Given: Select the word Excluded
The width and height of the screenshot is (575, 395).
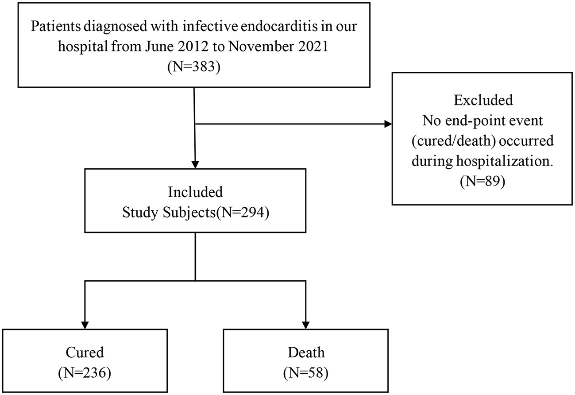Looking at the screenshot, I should point(483,100).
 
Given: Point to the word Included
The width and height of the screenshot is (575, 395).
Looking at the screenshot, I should point(195,193).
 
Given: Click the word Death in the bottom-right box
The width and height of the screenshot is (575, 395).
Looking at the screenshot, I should point(306,352).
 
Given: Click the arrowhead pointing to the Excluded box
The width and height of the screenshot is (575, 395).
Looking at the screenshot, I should point(388,124).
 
